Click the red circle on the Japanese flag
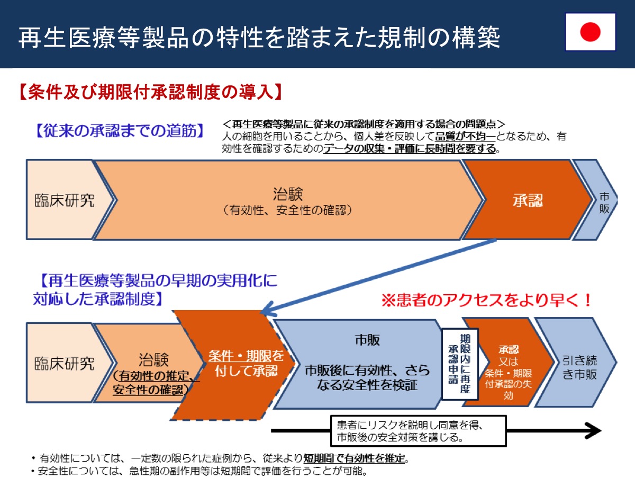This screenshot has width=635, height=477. click(590, 32)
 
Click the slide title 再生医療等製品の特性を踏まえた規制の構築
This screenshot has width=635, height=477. click(259, 38)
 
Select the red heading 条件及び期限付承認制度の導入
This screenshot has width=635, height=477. click(150, 92)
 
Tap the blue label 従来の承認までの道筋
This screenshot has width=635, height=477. click(120, 130)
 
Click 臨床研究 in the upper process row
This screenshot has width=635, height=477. click(64, 200)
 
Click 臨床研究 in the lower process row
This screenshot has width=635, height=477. click(64, 364)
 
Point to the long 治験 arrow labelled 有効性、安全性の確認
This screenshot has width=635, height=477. click(288, 200)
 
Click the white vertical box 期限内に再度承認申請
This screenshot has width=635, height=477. click(460, 364)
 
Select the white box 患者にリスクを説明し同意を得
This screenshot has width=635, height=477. click(419, 431)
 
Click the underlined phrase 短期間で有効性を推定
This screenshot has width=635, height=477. click(354, 458)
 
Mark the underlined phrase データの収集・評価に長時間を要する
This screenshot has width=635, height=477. click(410, 148)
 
